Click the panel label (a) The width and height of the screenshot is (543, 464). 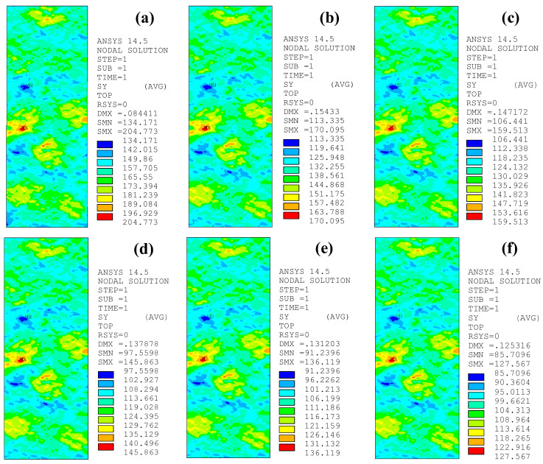pyautogui.click(x=158, y=16)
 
